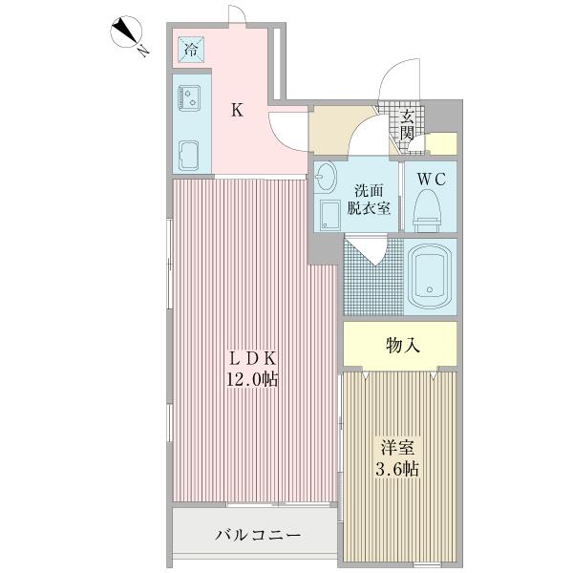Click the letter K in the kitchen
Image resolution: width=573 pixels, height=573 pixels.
(x=237, y=110)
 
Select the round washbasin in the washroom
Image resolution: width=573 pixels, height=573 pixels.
(x=328, y=178)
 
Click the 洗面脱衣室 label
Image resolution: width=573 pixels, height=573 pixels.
(x=369, y=200)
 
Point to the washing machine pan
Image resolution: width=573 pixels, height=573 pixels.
(x=330, y=216)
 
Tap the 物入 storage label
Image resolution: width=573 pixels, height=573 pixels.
(x=402, y=345)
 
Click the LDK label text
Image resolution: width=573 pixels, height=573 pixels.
(x=252, y=358)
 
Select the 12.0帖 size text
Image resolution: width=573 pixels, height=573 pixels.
(x=252, y=380)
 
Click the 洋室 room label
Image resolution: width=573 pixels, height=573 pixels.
(x=398, y=447)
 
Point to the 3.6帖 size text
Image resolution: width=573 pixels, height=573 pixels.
(x=398, y=469)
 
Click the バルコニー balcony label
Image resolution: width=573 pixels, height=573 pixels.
(x=255, y=536)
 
